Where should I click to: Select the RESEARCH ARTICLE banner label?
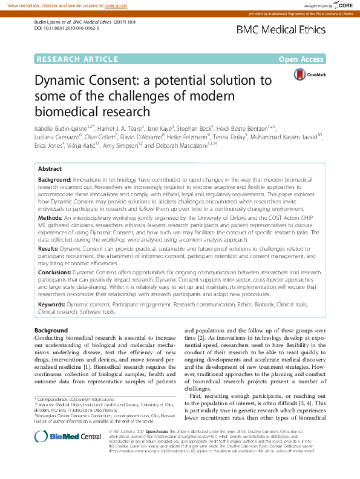tap(76, 59)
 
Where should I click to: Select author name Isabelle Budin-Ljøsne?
tap(59, 128)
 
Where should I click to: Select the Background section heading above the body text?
tap(51, 330)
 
